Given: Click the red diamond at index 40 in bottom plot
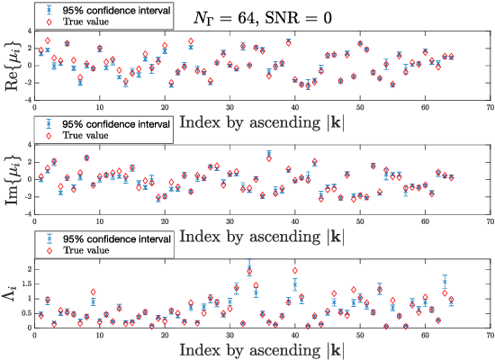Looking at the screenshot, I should [x=294, y=270].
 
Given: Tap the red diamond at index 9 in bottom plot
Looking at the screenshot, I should [x=93, y=292].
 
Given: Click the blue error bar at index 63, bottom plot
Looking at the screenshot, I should [x=445, y=283].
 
